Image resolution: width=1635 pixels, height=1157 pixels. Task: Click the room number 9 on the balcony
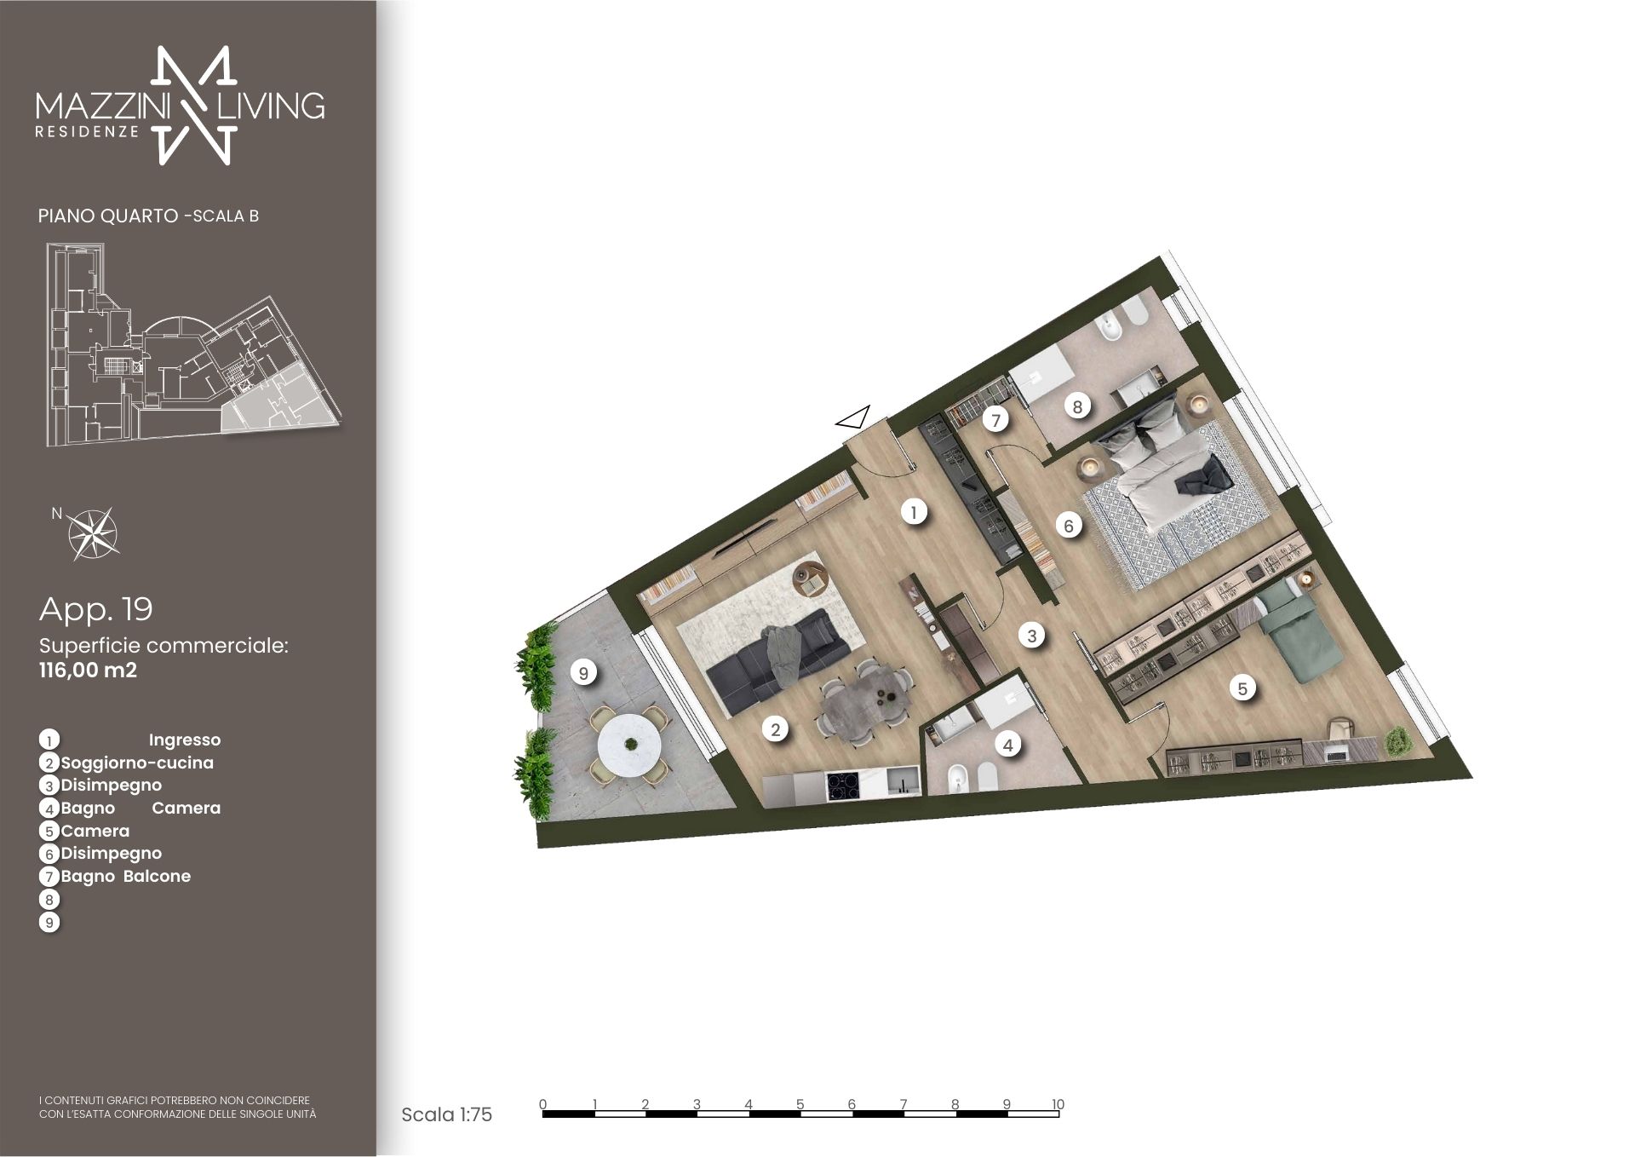click(x=583, y=673)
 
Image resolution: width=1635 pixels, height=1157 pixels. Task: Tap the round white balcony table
click(x=630, y=745)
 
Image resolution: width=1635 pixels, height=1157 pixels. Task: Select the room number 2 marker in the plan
click(x=775, y=730)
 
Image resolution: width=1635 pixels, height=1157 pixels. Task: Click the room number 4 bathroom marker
click(x=1008, y=745)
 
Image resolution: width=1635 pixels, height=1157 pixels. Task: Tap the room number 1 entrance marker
click(x=914, y=513)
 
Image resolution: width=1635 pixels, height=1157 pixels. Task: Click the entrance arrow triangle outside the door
click(x=853, y=417)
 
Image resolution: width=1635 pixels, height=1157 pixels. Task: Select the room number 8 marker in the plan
click(x=1077, y=407)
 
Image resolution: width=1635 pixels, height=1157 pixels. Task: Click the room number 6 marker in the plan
click(x=1069, y=527)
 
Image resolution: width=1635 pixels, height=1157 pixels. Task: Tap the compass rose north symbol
click(x=93, y=533)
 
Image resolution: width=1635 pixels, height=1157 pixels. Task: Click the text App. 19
click(x=96, y=609)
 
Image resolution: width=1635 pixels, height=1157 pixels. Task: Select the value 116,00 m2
click(x=88, y=671)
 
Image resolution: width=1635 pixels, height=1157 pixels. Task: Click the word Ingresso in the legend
click(x=185, y=740)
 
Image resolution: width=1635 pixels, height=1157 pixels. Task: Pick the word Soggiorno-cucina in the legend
click(x=137, y=763)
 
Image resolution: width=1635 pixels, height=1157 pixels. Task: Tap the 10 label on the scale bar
click(x=1058, y=1104)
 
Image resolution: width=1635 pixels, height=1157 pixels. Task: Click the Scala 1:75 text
click(x=446, y=1114)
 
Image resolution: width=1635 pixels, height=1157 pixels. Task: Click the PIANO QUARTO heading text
click(x=108, y=216)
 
